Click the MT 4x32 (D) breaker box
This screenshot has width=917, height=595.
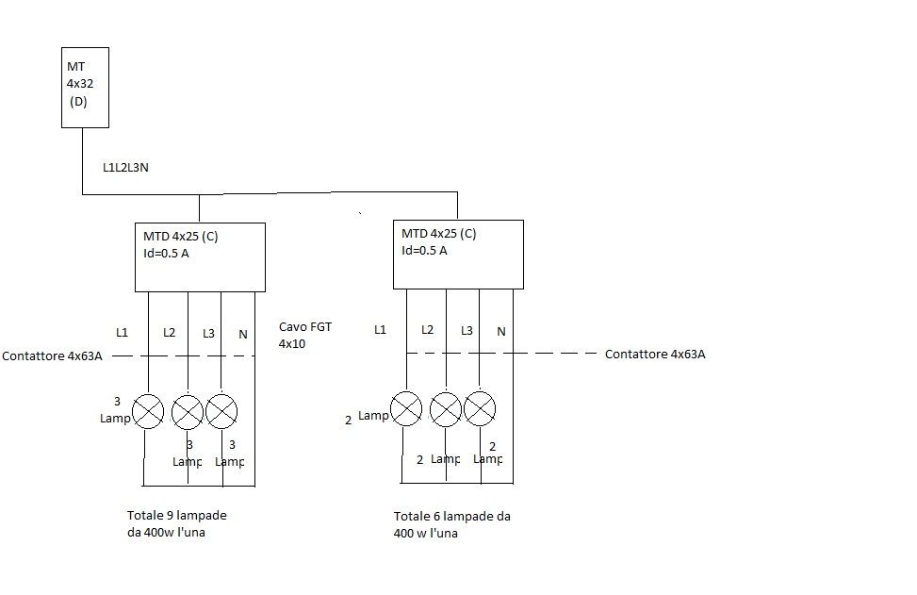coord(85,87)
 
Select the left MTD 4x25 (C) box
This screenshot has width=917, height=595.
coord(200,256)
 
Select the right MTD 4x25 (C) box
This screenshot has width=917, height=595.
coord(458,254)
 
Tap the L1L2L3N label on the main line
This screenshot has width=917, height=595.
coord(125,168)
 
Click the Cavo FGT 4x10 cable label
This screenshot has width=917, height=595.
coord(305,336)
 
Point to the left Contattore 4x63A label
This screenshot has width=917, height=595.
coord(52,356)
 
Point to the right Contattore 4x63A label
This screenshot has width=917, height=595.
coord(655,355)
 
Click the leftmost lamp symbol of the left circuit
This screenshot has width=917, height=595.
coord(148,410)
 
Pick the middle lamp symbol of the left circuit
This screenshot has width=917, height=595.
coord(188,410)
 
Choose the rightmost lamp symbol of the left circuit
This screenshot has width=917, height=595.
coord(221,410)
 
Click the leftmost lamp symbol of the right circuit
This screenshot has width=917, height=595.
coord(406,408)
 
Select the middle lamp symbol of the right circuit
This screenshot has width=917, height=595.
coord(446,408)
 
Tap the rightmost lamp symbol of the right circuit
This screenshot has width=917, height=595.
coord(480,408)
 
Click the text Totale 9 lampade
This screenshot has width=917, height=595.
coord(177,516)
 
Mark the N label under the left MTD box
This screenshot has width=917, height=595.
coord(243,334)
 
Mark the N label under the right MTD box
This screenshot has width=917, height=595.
coord(501,332)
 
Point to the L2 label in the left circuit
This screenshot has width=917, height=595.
coord(169,332)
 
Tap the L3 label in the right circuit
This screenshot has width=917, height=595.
coord(467,331)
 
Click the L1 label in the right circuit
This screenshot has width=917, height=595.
coord(380,330)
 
